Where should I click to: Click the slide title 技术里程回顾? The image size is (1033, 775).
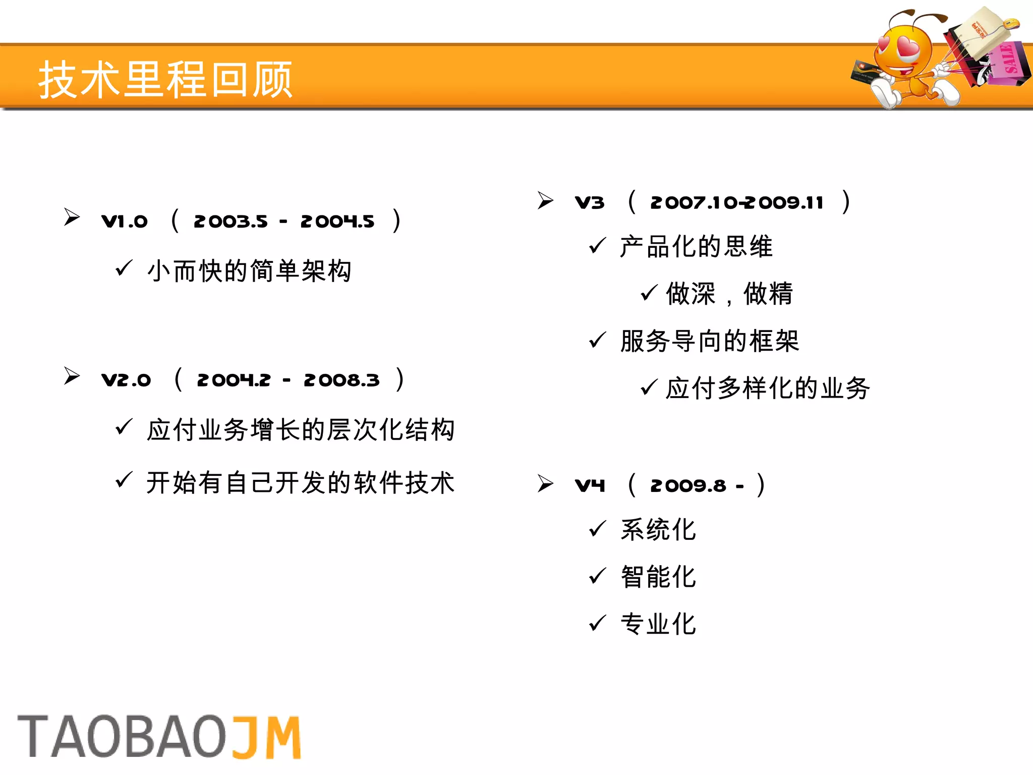tap(165, 79)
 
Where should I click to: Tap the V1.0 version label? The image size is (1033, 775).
tap(125, 221)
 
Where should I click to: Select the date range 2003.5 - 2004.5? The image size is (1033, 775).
tap(284, 221)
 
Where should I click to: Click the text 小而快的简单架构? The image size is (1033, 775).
tap(249, 271)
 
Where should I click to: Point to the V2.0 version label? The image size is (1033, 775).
tap(126, 380)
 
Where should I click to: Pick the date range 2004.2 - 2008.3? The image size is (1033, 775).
tap(288, 380)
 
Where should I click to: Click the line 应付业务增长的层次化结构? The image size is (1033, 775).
tap(301, 430)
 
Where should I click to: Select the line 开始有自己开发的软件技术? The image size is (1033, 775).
tap(301, 482)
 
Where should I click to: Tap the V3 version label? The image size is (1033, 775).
tap(590, 203)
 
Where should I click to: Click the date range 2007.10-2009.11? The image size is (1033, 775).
tap(737, 203)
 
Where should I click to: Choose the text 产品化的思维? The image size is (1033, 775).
tap(696, 247)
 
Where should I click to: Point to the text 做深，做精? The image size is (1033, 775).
tap(729, 294)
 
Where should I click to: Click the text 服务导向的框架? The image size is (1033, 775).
tap(710, 341)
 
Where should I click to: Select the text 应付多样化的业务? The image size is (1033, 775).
tap(768, 388)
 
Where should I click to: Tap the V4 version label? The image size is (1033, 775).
tap(590, 485)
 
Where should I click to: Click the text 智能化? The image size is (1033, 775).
tap(658, 577)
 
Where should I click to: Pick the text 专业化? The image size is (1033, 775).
tap(658, 624)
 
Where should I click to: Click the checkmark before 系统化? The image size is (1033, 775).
tap(597, 529)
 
